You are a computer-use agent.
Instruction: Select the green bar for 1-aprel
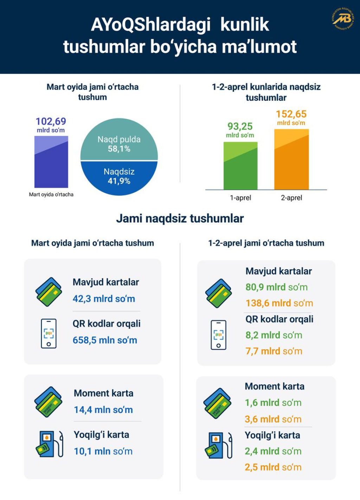coord(240,166)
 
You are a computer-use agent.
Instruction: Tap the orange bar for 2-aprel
coord(291,160)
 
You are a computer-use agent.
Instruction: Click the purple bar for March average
coord(51,162)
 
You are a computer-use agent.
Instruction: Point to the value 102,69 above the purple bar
coord(51,122)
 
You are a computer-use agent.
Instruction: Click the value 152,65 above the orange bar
coord(291,114)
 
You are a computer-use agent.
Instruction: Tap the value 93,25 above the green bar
coord(240,126)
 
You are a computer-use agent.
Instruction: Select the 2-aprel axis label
coord(291,198)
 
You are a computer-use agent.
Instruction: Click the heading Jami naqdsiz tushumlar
coord(180,219)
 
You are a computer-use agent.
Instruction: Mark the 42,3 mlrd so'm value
coord(104,299)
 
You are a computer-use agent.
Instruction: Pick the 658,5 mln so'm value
coord(105,340)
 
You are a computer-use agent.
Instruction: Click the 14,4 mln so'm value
coord(103,410)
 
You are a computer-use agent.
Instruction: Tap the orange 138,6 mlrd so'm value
coord(279,303)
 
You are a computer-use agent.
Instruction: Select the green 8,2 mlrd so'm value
coord(274,335)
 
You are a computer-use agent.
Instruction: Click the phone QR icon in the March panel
coord(49,333)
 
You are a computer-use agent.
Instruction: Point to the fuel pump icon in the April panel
coord(218,445)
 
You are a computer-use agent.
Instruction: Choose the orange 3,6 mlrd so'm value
coord(273,419)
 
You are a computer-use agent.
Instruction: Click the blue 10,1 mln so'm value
coord(103,451)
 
